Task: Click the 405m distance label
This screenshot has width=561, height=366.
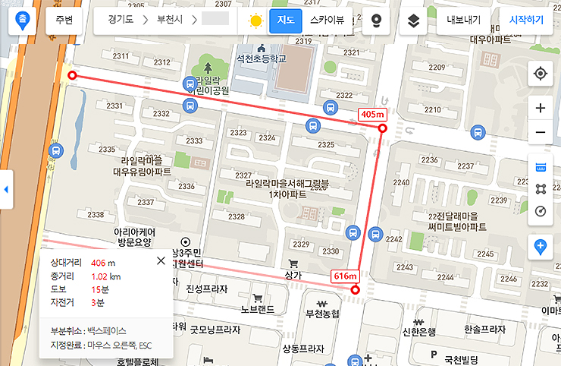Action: click(x=372, y=115)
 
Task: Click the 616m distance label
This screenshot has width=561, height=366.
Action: click(x=345, y=276)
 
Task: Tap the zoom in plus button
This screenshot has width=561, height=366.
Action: click(x=541, y=108)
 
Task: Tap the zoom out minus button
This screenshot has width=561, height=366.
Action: click(x=541, y=133)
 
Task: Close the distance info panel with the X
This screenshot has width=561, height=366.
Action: click(x=161, y=261)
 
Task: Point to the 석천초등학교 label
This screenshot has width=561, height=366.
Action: click(x=261, y=58)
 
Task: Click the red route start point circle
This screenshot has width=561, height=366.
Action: click(x=72, y=76)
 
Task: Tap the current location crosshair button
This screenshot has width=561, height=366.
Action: click(x=541, y=74)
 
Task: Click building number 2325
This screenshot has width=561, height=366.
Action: click(x=326, y=144)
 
